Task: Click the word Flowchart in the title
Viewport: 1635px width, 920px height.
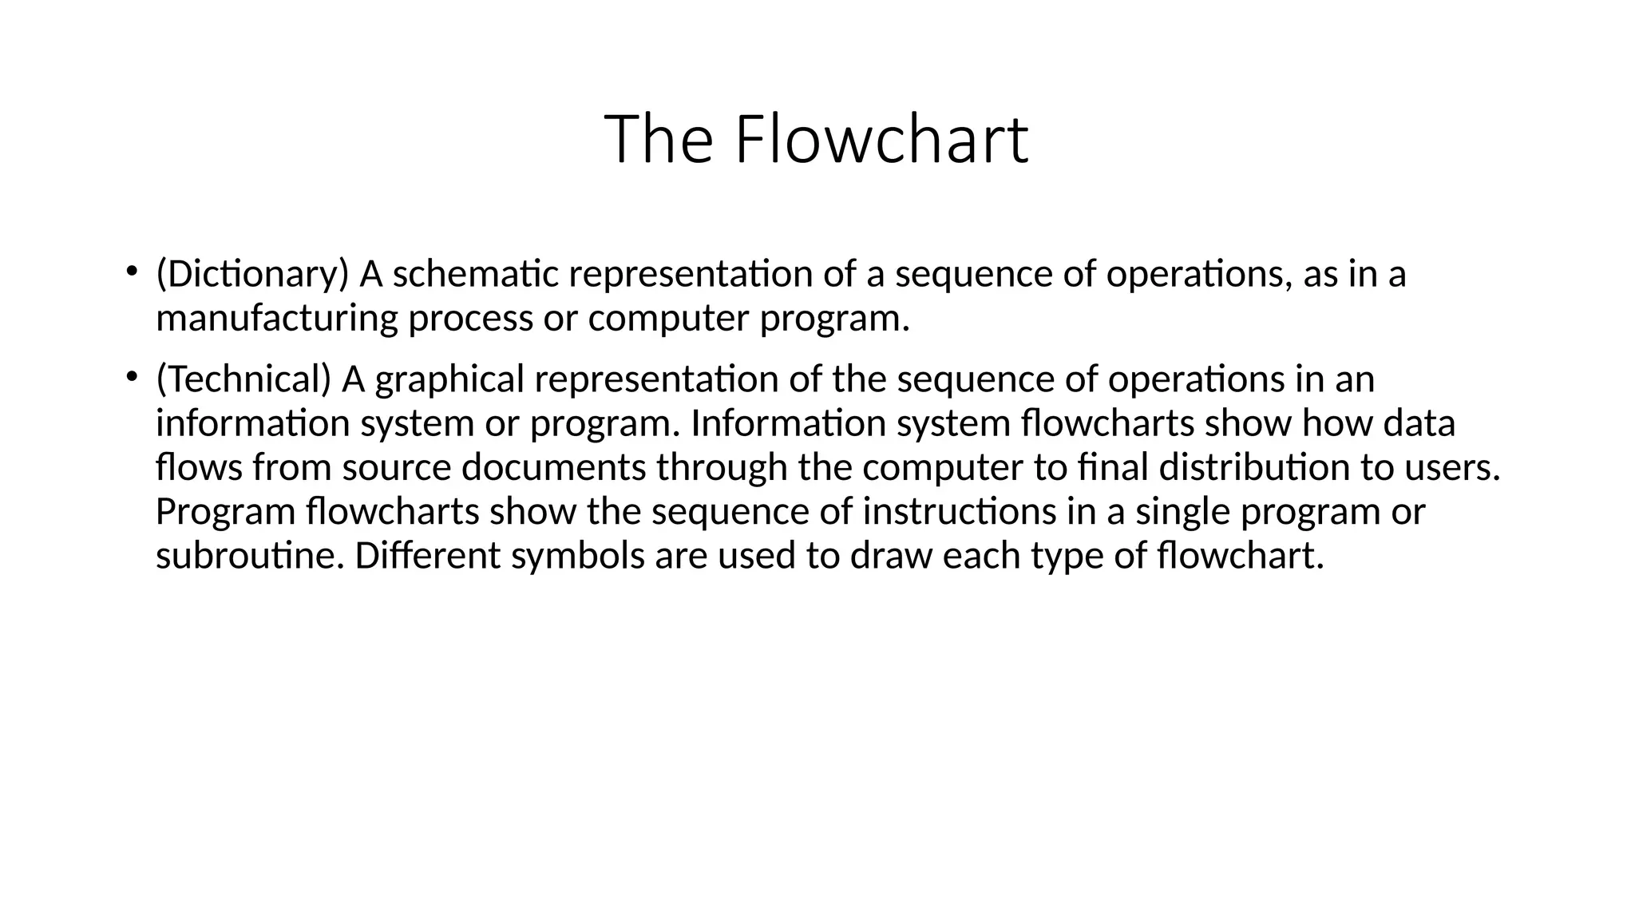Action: click(x=881, y=140)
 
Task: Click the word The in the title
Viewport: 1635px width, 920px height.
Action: click(x=659, y=140)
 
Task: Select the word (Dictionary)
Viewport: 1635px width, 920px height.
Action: click(x=252, y=274)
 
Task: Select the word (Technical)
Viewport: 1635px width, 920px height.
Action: click(x=243, y=379)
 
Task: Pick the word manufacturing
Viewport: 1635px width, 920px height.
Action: click(x=276, y=319)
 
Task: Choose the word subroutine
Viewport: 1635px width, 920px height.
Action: click(x=250, y=556)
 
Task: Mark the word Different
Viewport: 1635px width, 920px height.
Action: click(x=427, y=556)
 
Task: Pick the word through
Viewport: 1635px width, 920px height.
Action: click(x=722, y=468)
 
